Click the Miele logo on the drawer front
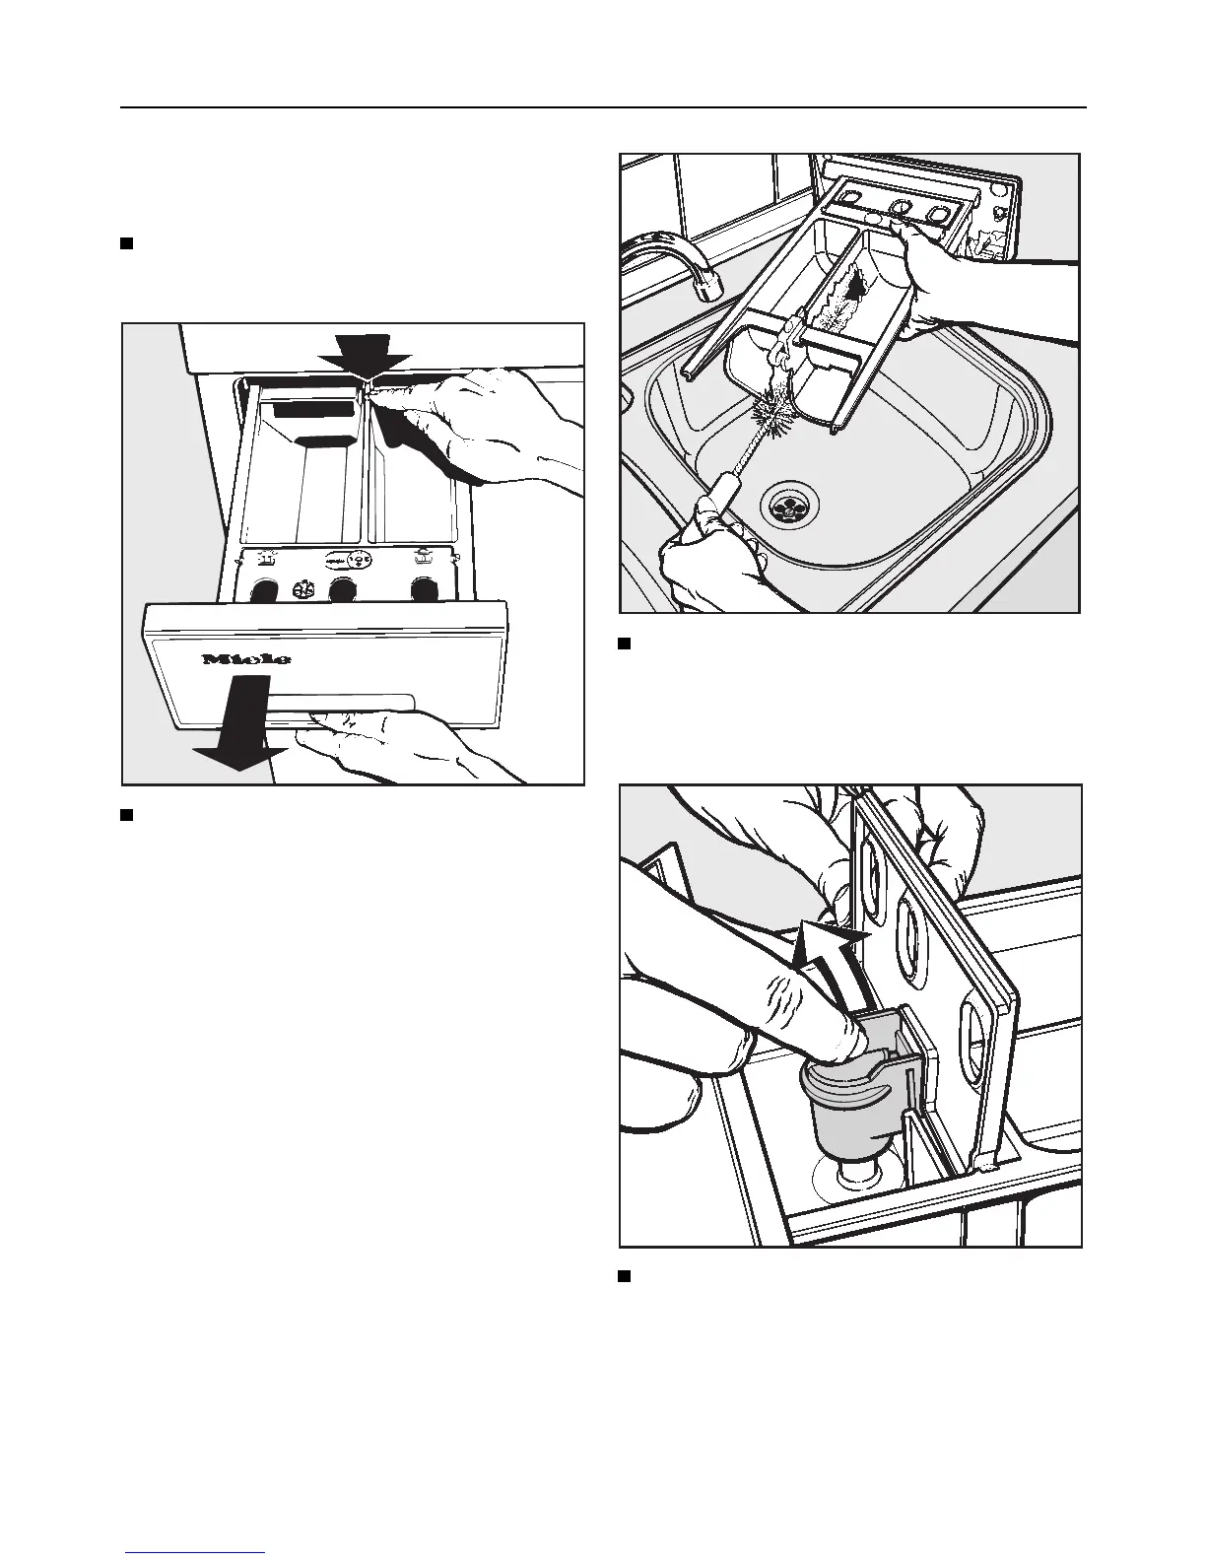coord(246,657)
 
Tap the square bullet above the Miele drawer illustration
coord(126,243)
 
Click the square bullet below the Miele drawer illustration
coord(126,815)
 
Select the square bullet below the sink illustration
coord(624,645)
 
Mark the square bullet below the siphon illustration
coord(624,1276)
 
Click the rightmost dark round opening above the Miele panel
coord(424,589)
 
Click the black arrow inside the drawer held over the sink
coord(853,286)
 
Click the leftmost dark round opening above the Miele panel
coord(263,591)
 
